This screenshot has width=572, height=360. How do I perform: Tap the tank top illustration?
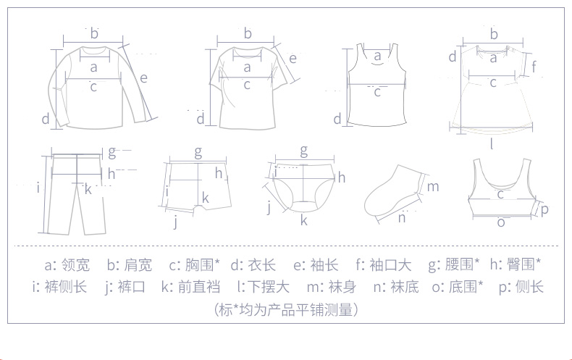[377, 85]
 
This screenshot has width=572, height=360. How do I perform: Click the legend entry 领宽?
[75, 264]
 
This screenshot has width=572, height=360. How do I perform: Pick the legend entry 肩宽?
[138, 264]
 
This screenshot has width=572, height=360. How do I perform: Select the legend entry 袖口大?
[390, 264]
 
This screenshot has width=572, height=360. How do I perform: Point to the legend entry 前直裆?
[199, 287]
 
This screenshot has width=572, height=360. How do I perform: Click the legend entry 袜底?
[405, 287]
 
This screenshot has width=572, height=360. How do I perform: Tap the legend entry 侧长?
[529, 287]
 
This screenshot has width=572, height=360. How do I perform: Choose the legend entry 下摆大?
[269, 287]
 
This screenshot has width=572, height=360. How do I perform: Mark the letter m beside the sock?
[433, 187]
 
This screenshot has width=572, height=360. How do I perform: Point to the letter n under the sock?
[402, 218]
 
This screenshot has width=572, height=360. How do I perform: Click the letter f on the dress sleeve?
[534, 67]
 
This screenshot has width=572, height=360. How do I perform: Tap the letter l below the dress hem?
[492, 144]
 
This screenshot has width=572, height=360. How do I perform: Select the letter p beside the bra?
[544, 210]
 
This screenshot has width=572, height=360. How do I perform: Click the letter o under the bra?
[501, 222]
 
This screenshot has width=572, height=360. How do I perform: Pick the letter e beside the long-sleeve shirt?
[143, 78]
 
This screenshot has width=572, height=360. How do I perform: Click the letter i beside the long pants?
[38, 188]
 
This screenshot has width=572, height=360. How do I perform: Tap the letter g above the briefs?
[304, 151]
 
